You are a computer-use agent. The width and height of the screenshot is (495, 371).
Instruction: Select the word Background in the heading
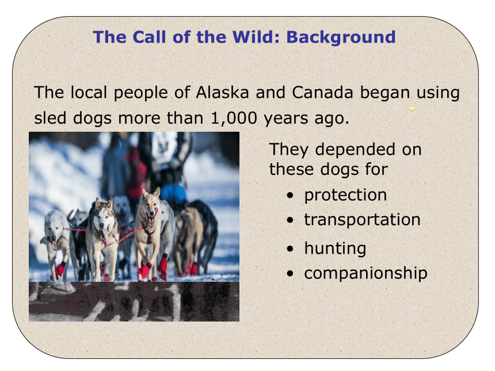point(341,37)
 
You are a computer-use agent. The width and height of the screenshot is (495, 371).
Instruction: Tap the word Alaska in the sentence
point(222,93)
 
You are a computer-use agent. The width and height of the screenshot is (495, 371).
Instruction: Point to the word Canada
point(322,93)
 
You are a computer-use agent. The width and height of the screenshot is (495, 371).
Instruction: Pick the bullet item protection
point(345,195)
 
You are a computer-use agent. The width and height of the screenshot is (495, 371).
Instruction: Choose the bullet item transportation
point(362,220)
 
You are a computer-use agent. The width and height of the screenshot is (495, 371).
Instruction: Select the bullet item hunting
point(335,248)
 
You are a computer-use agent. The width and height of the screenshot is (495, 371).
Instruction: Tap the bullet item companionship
point(365,273)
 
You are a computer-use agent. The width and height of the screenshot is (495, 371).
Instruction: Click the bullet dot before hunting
point(290,249)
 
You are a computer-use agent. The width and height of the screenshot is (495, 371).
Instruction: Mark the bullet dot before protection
point(290,196)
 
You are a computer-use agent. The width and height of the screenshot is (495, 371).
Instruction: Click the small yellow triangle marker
point(412,109)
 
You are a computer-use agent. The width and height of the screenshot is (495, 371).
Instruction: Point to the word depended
point(355,150)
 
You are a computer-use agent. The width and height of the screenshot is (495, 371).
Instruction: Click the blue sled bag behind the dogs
point(173,194)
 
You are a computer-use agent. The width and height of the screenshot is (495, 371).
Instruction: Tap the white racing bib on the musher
point(164,147)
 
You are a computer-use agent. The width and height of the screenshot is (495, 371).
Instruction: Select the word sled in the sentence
point(50,118)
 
